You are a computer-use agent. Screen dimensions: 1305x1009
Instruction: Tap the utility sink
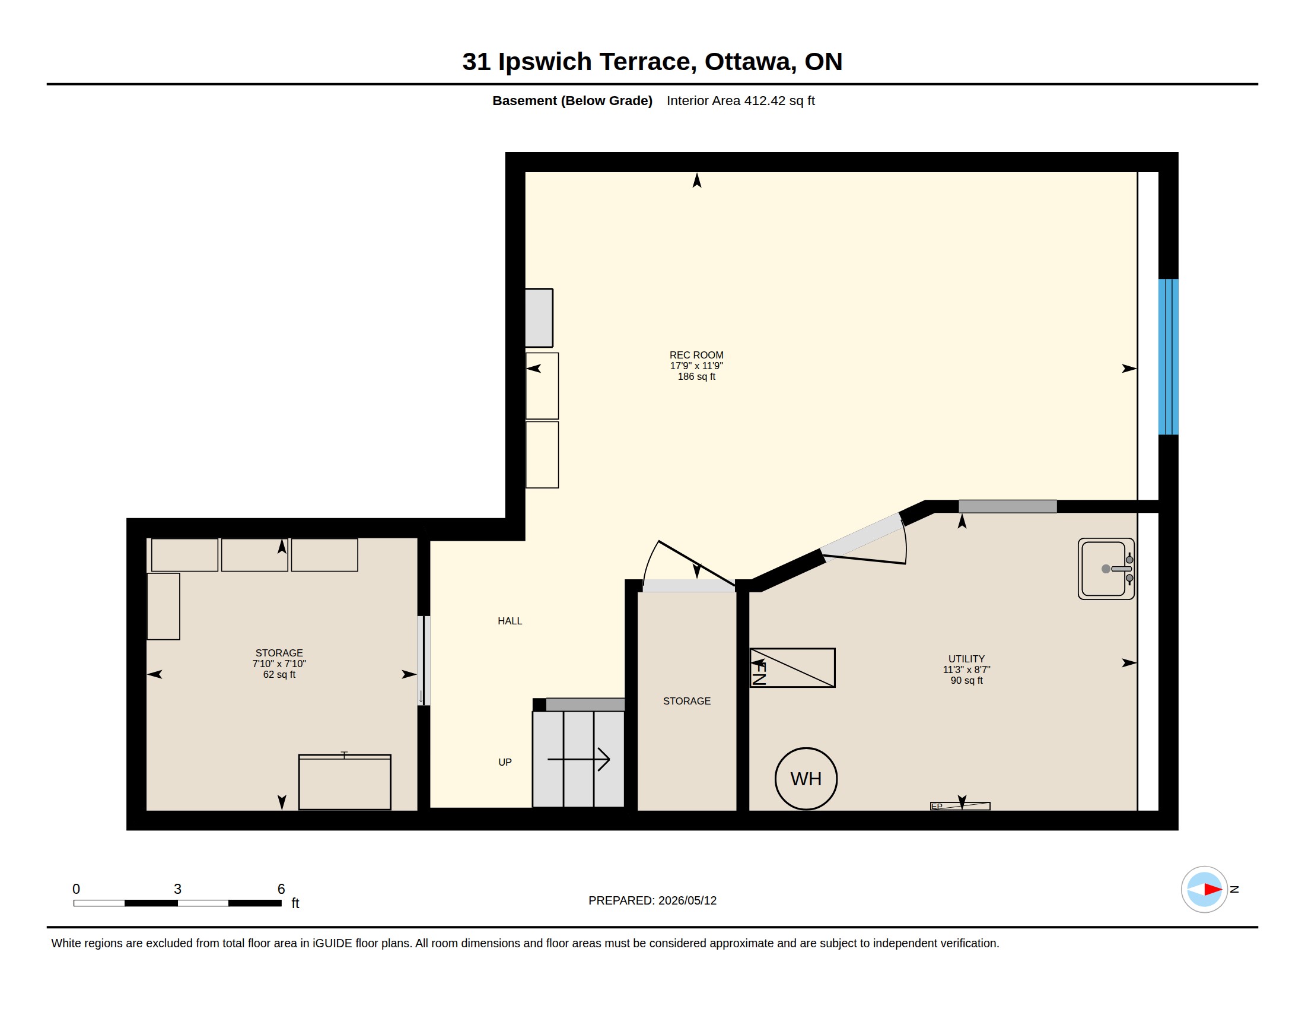point(1106,569)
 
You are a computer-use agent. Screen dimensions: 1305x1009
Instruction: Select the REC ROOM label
point(696,355)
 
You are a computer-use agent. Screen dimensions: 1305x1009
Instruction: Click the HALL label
point(510,621)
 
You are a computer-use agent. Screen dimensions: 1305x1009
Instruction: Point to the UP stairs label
point(505,762)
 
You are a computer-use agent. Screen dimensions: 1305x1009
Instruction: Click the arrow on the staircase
point(578,759)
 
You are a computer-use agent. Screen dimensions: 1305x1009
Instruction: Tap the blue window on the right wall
point(1168,357)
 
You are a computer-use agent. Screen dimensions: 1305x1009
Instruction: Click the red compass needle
point(1213,890)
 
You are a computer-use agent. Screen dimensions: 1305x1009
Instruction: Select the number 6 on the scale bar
point(281,889)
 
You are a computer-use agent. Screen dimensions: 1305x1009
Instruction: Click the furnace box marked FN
point(792,668)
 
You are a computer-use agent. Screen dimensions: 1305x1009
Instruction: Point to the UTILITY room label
point(966,659)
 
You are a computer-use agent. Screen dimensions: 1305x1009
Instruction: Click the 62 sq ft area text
point(279,674)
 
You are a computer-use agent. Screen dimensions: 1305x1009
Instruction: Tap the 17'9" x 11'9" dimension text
point(696,366)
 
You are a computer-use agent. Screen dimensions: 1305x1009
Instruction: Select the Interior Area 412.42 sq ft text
point(740,100)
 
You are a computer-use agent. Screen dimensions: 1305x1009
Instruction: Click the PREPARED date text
point(652,900)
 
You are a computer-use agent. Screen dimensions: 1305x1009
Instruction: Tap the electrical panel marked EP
point(960,806)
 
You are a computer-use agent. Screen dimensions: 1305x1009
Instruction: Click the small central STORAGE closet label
point(686,701)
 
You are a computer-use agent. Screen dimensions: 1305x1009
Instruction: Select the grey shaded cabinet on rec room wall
point(539,318)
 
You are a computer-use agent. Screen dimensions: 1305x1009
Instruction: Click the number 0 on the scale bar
point(76,889)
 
